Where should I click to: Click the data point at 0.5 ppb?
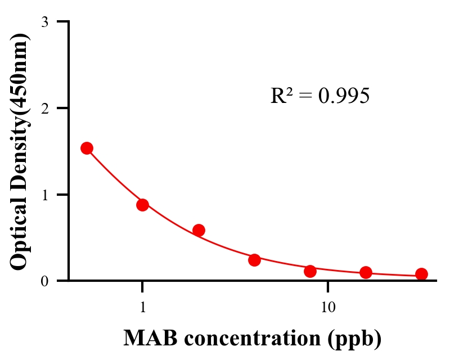[x=87, y=148]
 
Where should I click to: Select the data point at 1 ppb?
[x=142, y=205]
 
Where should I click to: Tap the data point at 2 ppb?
[x=199, y=230]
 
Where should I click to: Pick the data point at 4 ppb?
[x=254, y=260]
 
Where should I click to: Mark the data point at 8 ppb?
[x=310, y=271]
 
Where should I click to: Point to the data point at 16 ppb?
[x=366, y=272]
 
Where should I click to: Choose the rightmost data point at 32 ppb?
[x=421, y=274]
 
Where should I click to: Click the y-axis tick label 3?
[x=44, y=22]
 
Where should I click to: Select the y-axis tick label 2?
[x=44, y=108]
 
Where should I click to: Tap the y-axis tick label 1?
[x=44, y=195]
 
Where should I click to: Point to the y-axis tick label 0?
[x=44, y=281]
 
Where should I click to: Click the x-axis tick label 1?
[x=142, y=308]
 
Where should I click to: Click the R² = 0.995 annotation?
[x=319, y=96]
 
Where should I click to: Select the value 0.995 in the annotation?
[x=344, y=96]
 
